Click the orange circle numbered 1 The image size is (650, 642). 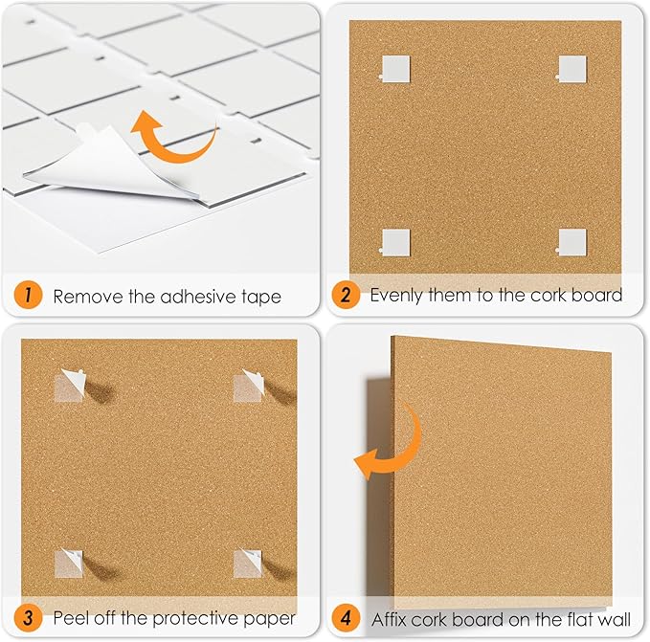click(29, 296)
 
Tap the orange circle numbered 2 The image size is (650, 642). click(345, 296)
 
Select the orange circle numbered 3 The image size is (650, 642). click(29, 617)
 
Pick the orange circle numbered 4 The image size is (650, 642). click(345, 617)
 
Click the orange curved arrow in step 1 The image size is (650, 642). click(172, 134)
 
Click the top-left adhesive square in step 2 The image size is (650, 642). click(394, 69)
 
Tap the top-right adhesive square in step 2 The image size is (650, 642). click(572, 68)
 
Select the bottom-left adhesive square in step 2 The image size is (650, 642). click(394, 243)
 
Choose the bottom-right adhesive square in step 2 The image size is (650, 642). click(572, 243)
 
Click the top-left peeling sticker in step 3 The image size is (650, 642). click(73, 385)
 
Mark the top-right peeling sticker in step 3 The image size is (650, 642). click(251, 385)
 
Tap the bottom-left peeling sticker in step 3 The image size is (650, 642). click(70, 562)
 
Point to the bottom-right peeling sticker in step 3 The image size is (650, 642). click(249, 562)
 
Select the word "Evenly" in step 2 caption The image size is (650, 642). click(398, 296)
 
